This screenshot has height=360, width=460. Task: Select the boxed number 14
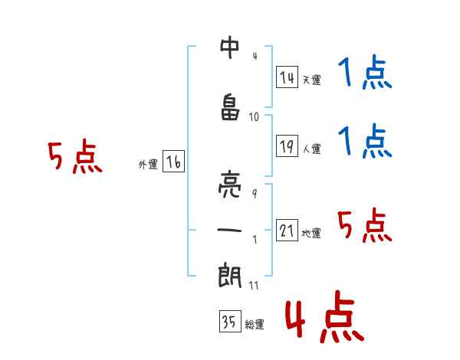tap(287, 77)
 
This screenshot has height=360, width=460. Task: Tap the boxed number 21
tap(287, 231)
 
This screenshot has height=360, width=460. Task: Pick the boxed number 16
tap(173, 162)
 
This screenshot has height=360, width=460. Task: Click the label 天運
tap(311, 80)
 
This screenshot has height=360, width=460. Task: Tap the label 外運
tap(147, 165)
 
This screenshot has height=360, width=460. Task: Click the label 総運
tap(254, 325)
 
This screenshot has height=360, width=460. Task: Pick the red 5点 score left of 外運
tap(74, 157)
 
